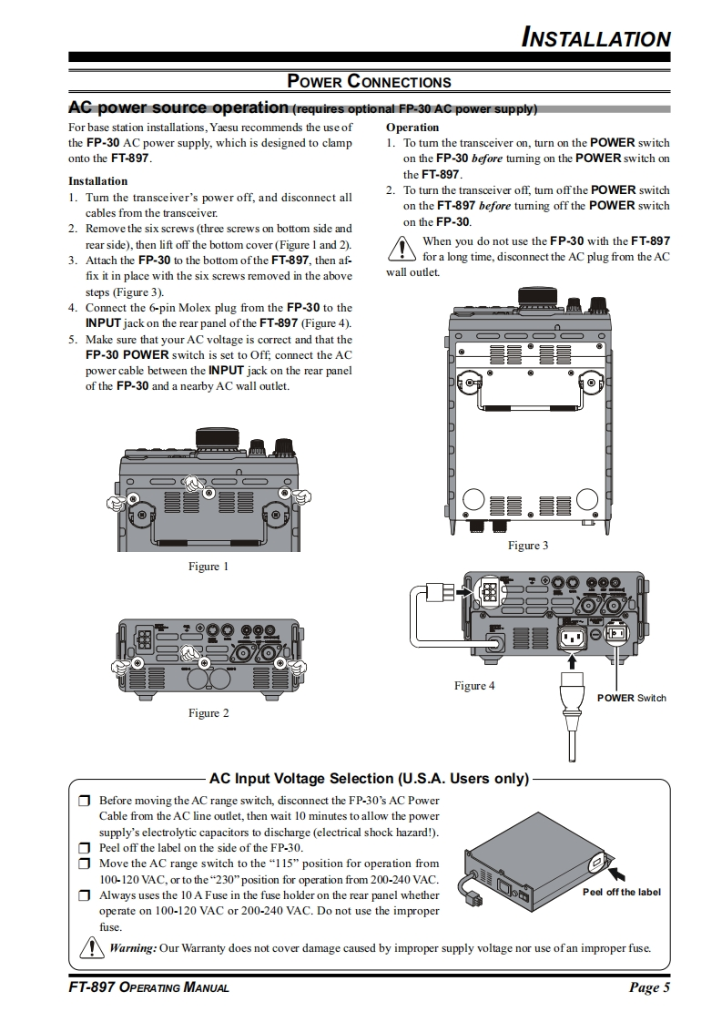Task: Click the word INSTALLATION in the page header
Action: pos(595,38)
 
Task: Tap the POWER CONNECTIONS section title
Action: pos(369,81)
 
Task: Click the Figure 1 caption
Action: pos(208,567)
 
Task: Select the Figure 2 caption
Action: pos(208,713)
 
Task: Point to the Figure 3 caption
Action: pos(528,546)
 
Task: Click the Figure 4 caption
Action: pos(474,686)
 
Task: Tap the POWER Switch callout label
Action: pos(632,698)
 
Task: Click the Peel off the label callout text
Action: pos(622,893)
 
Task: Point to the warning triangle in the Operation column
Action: pos(402,249)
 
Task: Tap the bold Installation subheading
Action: pos(97,181)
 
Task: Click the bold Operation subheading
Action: pos(412,128)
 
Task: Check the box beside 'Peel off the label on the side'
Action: pos(84,849)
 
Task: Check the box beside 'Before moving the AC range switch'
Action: pos(84,801)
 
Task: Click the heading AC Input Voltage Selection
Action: pos(369,779)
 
